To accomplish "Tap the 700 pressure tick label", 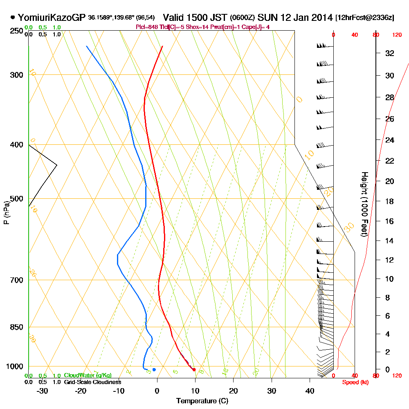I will click(18, 280).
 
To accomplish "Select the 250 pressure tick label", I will click(18, 31).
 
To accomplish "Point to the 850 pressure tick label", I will click(18, 327).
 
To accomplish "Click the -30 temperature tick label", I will click(43, 391).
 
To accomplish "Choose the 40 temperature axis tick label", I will click(310, 391).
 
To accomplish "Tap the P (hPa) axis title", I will click(6, 212).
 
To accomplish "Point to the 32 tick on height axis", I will click(390, 53).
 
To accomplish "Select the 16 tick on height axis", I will click(390, 221).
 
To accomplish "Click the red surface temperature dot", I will click(194, 370).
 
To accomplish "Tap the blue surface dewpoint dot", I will click(154, 370).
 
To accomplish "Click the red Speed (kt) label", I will click(354, 382).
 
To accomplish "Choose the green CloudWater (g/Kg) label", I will click(88, 375).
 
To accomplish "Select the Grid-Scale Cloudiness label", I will click(92, 382).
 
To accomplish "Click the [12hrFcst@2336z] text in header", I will click(364, 18).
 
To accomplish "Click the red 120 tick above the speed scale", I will click(396, 35).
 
